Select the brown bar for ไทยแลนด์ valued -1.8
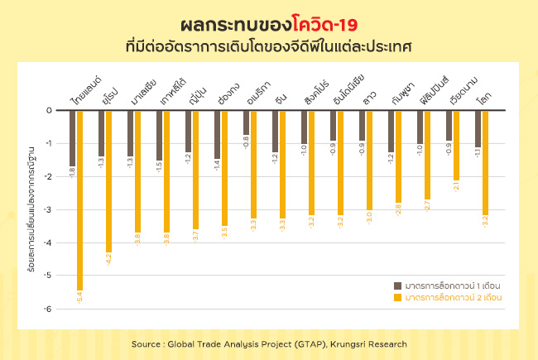coord(72,138)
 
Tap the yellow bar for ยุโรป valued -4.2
coord(108,180)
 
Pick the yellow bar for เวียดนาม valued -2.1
coord(456,145)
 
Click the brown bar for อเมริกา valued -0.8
coord(246,122)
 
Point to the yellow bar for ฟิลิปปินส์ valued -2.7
coord(427,155)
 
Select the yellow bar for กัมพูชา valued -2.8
coord(398,156)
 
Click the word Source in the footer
coord(148,343)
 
